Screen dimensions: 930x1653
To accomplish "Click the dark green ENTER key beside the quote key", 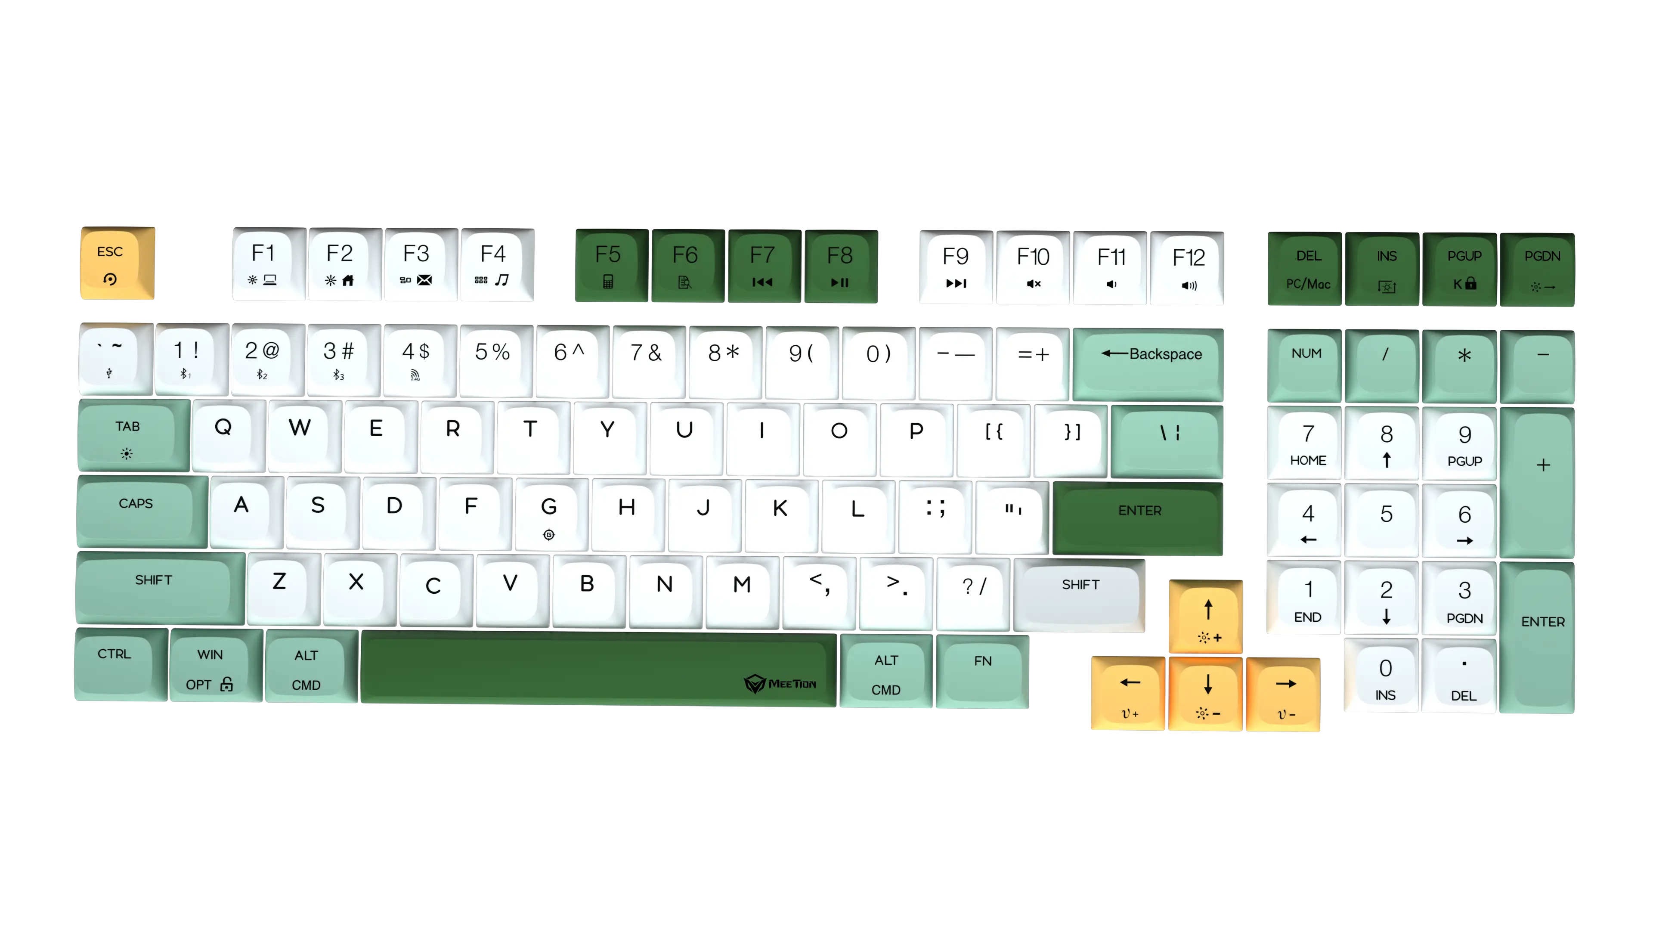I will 1139,517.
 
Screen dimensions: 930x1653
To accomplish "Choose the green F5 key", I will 608,265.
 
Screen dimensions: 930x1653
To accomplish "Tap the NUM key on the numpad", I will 1306,364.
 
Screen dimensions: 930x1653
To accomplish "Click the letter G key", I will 549,514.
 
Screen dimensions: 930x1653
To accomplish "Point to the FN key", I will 982,671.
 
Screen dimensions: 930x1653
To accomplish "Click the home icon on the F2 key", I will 348,280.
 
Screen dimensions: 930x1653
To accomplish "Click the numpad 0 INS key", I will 1385,677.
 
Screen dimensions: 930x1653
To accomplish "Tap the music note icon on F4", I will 502,280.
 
